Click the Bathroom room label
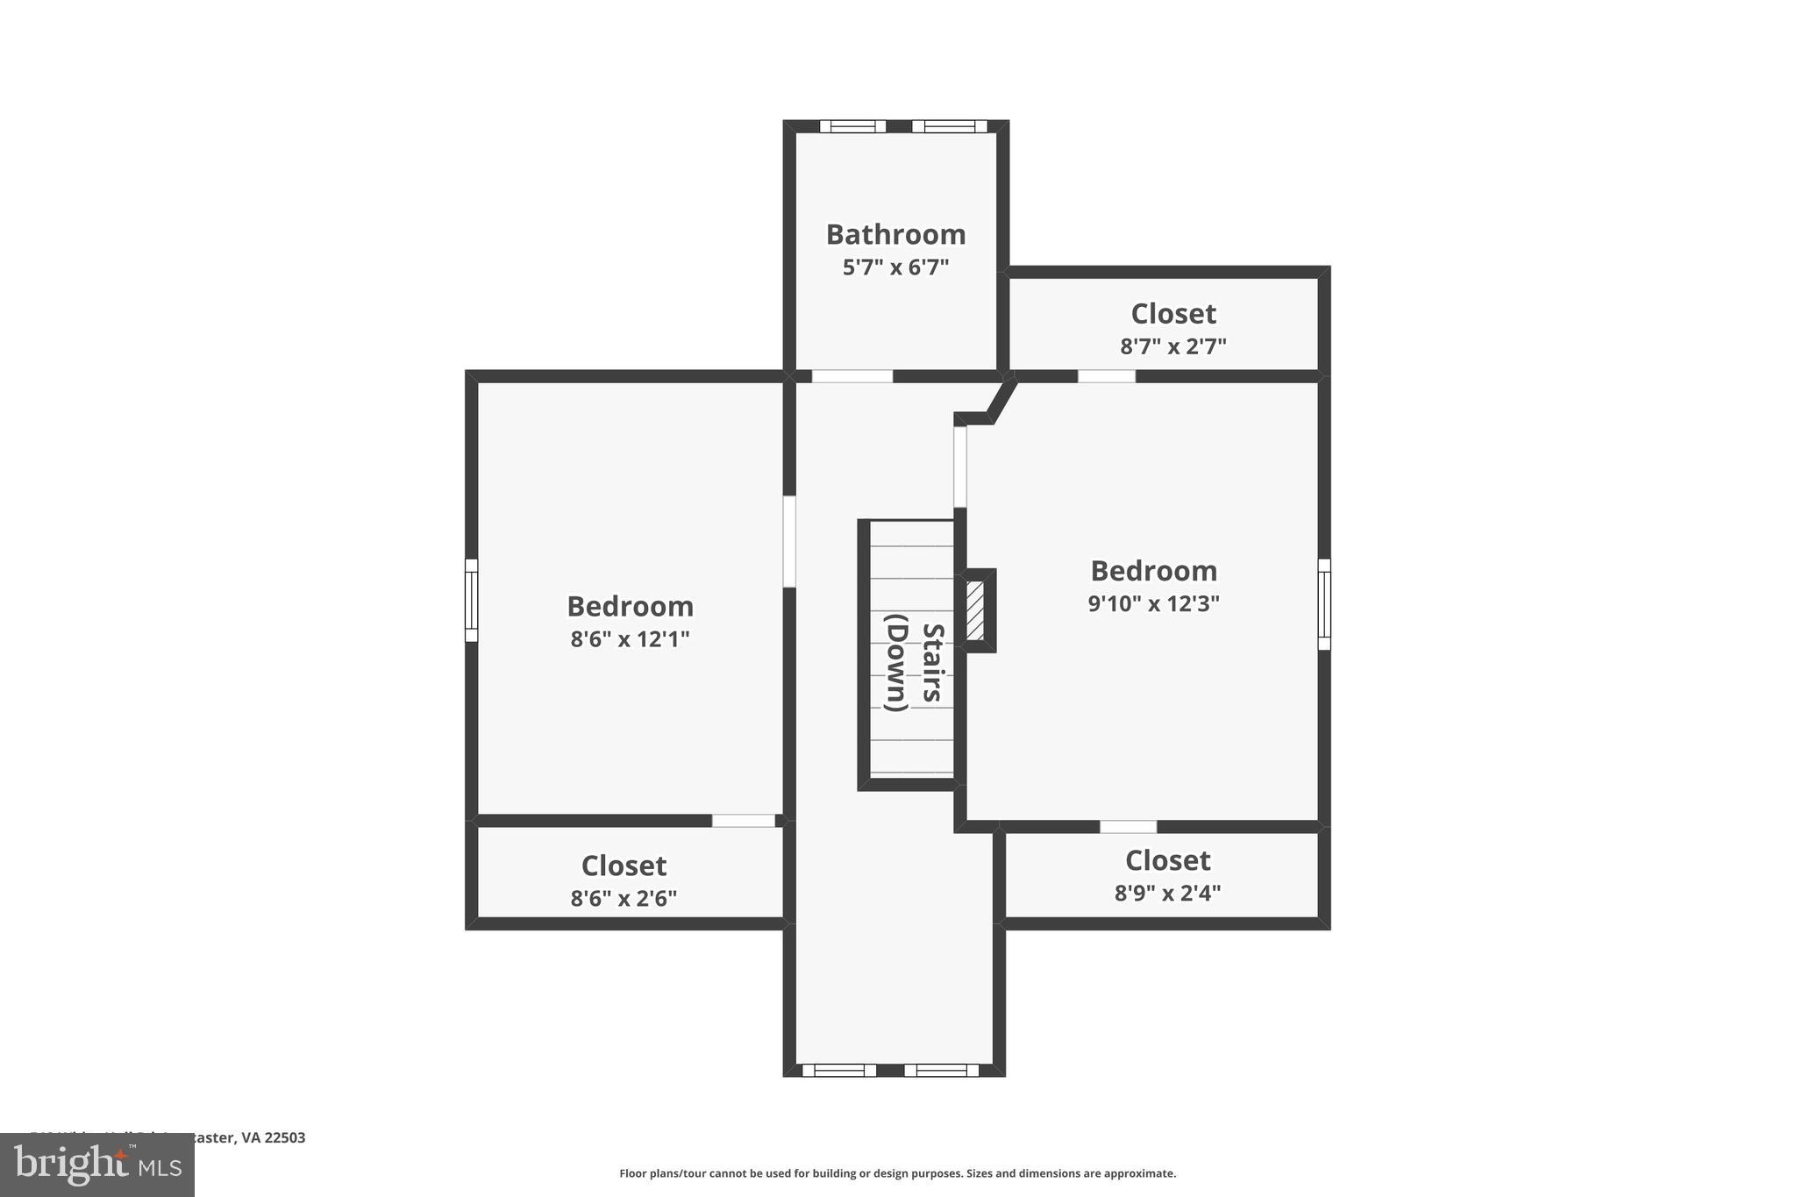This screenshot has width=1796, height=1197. pos(895,234)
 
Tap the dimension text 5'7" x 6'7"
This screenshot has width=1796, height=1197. pos(895,267)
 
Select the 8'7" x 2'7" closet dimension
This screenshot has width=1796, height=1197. pos(1172,346)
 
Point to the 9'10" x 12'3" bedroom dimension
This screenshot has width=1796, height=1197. pos(1153,603)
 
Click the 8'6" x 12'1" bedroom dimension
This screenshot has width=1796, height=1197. pos(630,639)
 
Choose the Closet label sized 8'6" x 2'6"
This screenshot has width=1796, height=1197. pos(624,866)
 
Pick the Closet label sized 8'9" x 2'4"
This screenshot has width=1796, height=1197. pos(1167,860)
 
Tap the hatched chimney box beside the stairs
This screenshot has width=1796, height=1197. pos(975,610)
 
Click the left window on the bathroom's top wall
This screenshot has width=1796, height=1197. pos(852,126)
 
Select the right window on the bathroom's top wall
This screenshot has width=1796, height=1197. pos(949,126)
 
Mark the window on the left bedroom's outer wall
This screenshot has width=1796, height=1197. pos(471,601)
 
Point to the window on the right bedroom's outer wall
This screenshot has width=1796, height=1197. pos(1324,604)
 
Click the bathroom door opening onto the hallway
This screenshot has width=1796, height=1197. pos(852,376)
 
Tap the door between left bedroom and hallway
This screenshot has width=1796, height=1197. pos(789,541)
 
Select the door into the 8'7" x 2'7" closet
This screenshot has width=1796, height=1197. pos(1106,376)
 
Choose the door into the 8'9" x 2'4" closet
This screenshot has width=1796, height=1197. pos(1128,827)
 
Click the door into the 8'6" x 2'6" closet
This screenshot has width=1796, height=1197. pos(743,821)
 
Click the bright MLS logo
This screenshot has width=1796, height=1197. pos(97,1165)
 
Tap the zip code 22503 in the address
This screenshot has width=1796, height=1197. pos(285,1137)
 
